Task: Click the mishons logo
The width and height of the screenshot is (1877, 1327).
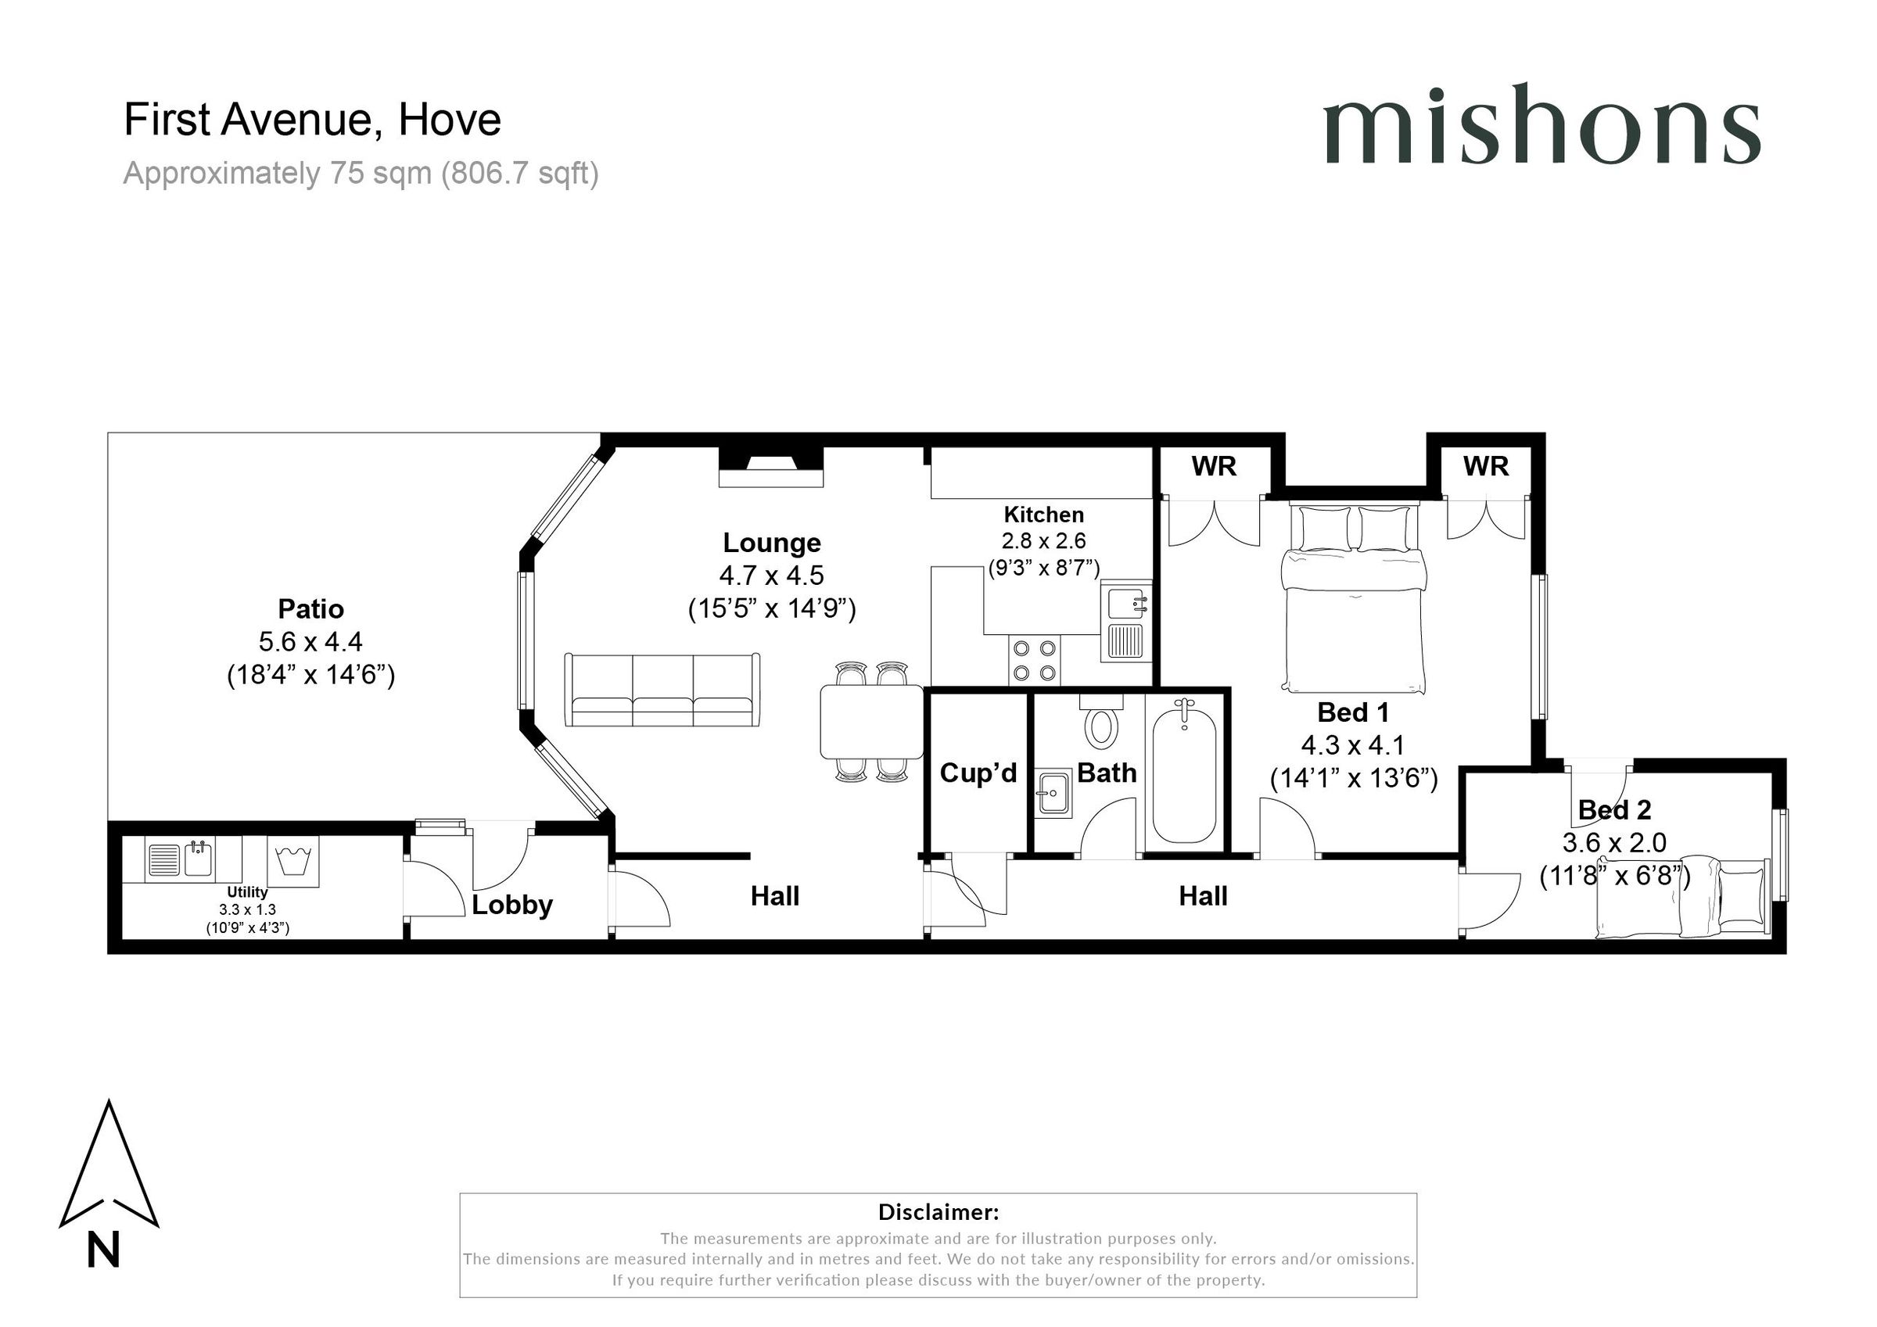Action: click(x=1541, y=124)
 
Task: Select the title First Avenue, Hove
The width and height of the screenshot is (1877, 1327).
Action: click(x=311, y=120)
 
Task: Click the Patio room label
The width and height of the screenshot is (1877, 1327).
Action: click(x=310, y=608)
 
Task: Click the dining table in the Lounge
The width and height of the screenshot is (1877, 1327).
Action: click(x=871, y=722)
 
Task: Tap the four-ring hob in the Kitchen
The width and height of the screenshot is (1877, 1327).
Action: click(x=1034, y=661)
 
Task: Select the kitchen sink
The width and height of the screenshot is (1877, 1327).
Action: click(x=1125, y=622)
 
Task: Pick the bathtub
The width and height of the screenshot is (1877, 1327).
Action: click(x=1184, y=771)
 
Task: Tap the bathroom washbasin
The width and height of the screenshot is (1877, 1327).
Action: click(x=1053, y=792)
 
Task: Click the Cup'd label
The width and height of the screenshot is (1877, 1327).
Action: click(x=978, y=773)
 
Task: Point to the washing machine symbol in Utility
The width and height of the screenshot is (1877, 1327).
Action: click(x=292, y=862)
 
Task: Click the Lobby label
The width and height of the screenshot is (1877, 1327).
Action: click(x=511, y=904)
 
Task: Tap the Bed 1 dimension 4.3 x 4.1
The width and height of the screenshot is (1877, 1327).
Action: click(x=1352, y=745)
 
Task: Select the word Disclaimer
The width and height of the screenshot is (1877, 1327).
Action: click(x=938, y=1211)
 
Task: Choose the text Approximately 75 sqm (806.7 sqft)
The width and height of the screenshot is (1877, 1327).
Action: click(x=361, y=174)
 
